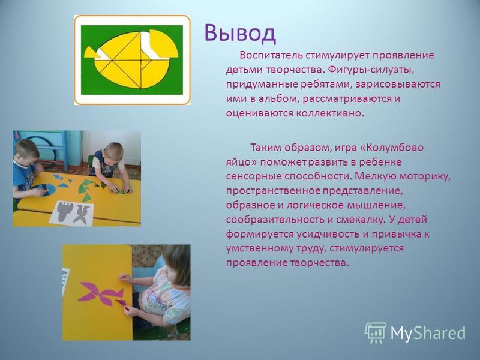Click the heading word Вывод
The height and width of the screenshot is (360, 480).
point(240,33)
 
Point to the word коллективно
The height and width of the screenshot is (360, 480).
point(329,113)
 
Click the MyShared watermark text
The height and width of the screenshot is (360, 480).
point(428,333)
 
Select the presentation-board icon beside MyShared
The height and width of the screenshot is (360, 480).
point(375,332)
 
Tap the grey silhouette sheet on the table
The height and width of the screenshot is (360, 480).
point(72,213)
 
